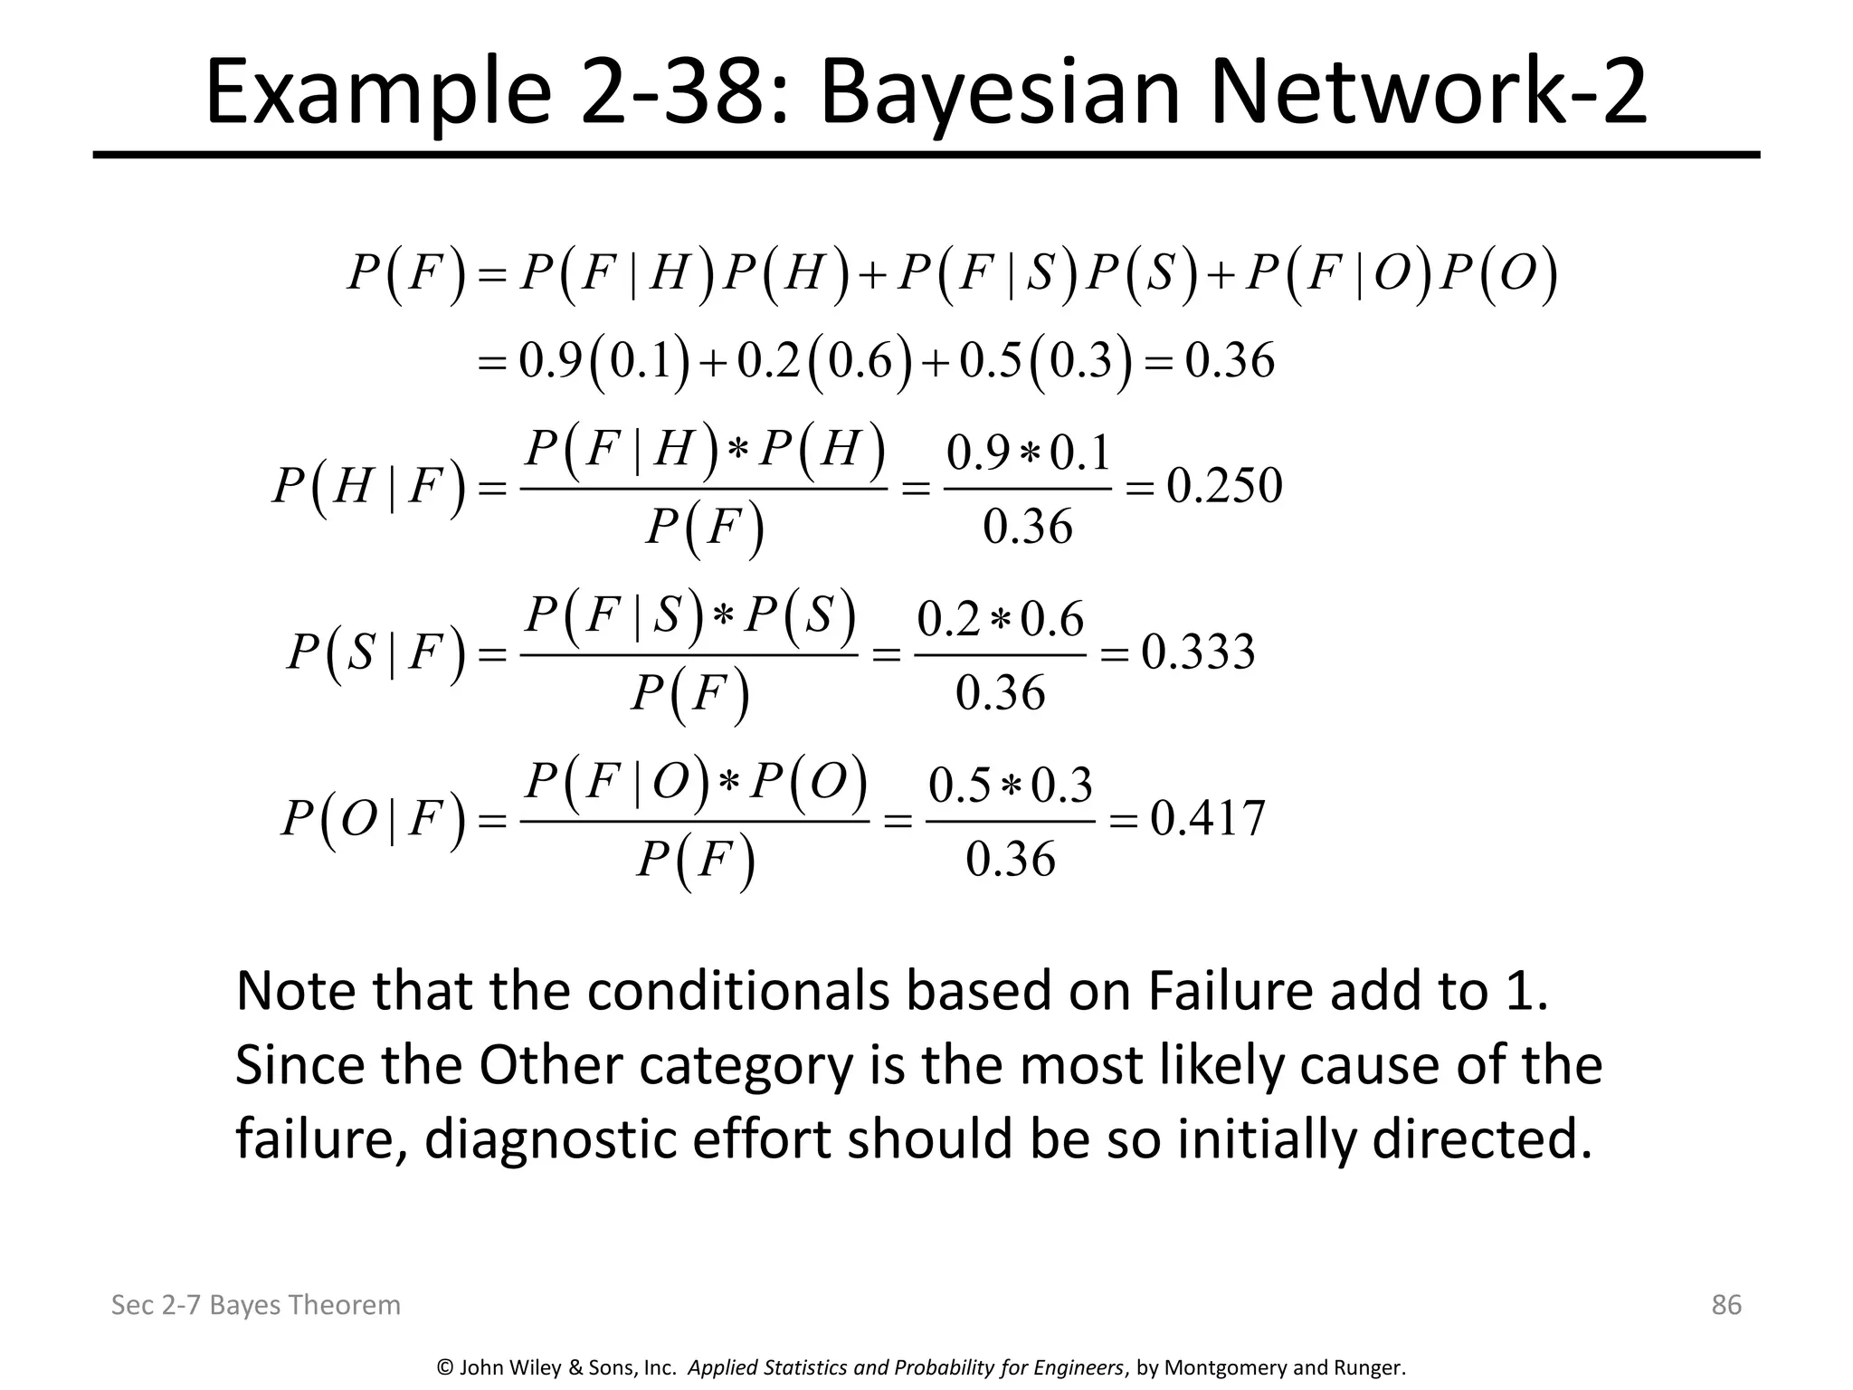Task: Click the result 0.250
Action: [1224, 486]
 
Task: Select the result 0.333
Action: [1198, 652]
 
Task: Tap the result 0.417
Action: [1207, 819]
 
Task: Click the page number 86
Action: [1726, 1304]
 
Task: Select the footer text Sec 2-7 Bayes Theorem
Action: [255, 1305]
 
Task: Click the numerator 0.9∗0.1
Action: [1028, 453]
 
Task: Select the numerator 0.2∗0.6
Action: [1000, 620]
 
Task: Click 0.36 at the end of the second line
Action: [1230, 361]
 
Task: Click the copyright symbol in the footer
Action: [444, 1367]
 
